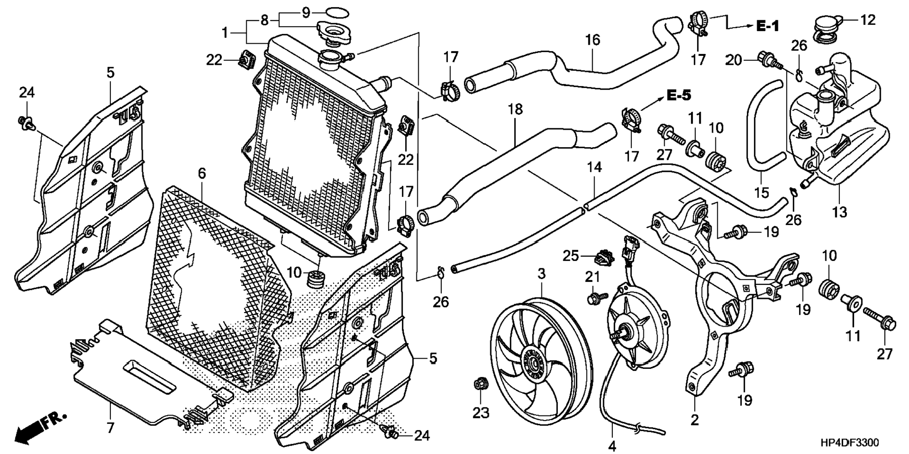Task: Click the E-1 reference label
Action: pyautogui.click(x=768, y=26)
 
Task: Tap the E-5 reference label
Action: pyautogui.click(x=679, y=95)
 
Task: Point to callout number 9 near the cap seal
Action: pyautogui.click(x=306, y=12)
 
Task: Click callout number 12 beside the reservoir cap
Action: pyautogui.click(x=868, y=20)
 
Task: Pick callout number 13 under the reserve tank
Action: pyautogui.click(x=839, y=212)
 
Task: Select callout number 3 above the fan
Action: pyautogui.click(x=541, y=274)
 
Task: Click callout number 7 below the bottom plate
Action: pyautogui.click(x=110, y=428)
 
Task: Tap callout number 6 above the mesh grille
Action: pyautogui.click(x=202, y=173)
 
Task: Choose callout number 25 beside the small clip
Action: pyautogui.click(x=571, y=256)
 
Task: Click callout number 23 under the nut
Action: pyautogui.click(x=481, y=413)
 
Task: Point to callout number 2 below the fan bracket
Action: pyautogui.click(x=695, y=420)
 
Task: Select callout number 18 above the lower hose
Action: pyautogui.click(x=515, y=109)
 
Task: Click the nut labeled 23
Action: pyautogui.click(x=480, y=384)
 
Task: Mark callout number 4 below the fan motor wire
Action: pyautogui.click(x=612, y=445)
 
